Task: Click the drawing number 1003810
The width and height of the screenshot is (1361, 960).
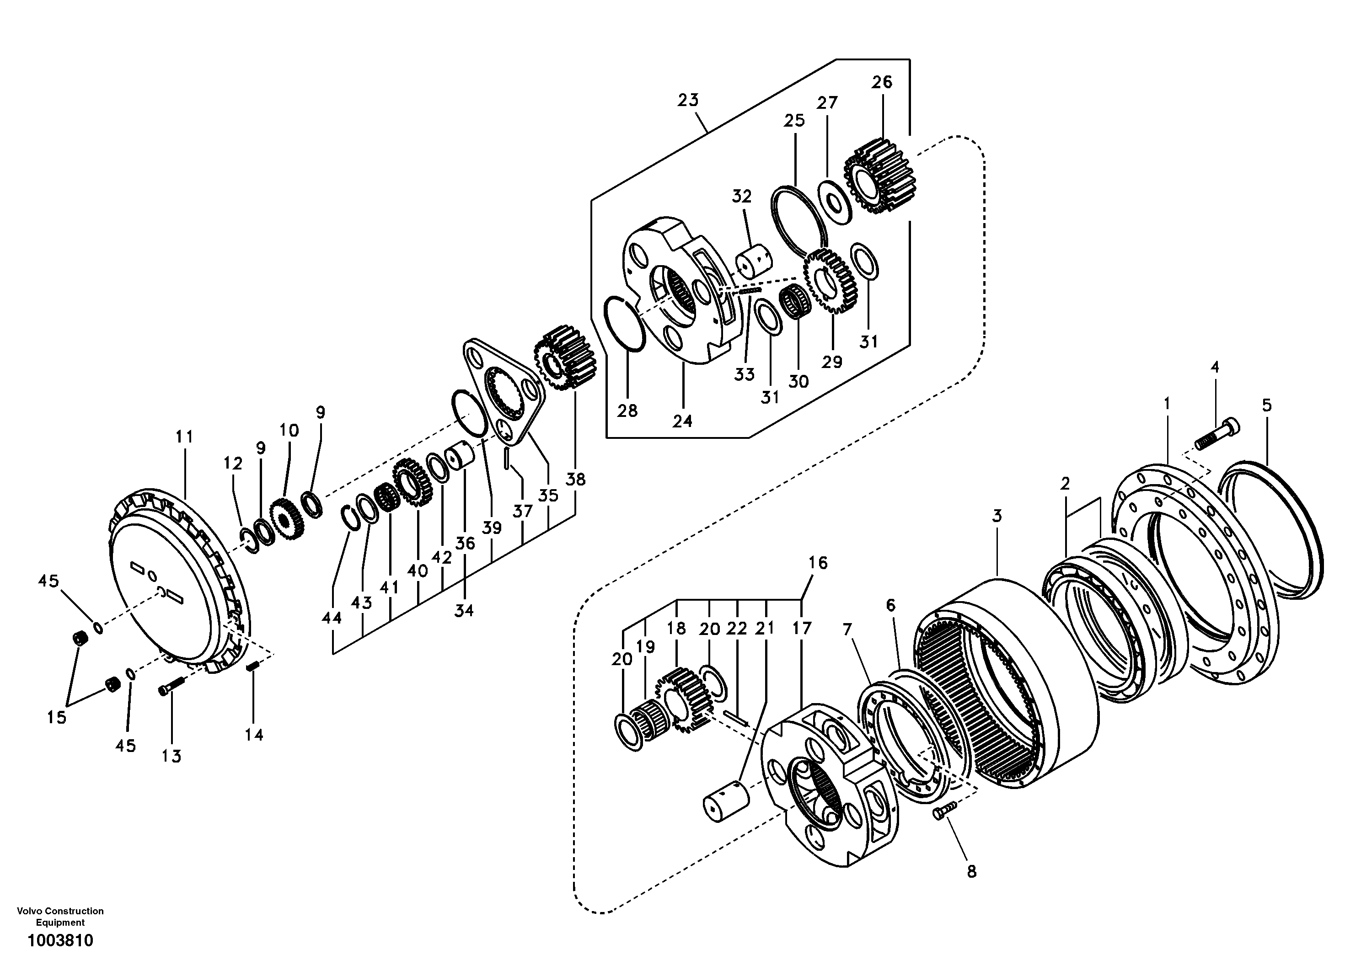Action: (x=60, y=940)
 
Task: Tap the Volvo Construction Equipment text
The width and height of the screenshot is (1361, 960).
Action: (x=60, y=916)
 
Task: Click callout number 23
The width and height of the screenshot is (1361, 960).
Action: (x=688, y=100)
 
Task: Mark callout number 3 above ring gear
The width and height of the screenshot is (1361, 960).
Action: (x=997, y=516)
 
